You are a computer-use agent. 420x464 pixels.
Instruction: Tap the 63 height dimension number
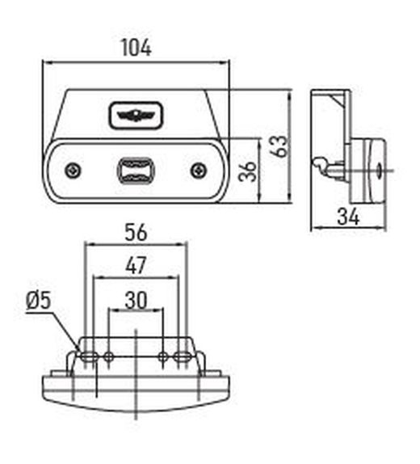(x=277, y=146)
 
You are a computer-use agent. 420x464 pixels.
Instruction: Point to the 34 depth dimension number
(x=349, y=216)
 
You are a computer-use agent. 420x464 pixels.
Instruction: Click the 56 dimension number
(x=136, y=232)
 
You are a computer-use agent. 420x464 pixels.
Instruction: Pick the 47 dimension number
(x=136, y=265)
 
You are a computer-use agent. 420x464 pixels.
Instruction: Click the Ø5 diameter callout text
(x=38, y=301)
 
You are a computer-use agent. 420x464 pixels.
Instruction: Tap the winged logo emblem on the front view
(x=136, y=116)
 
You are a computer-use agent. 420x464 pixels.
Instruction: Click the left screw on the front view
(x=73, y=171)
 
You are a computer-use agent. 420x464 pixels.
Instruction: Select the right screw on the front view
(x=198, y=170)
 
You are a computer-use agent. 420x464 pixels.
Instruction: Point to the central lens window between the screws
(x=136, y=171)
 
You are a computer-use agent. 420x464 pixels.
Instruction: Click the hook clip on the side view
(x=324, y=165)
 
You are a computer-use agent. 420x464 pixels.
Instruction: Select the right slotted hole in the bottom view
(x=183, y=356)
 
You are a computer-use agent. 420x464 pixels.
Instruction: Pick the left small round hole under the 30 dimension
(x=108, y=356)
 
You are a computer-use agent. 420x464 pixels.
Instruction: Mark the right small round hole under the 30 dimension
(x=163, y=356)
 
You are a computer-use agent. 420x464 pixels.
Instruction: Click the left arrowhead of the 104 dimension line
(x=46, y=61)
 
